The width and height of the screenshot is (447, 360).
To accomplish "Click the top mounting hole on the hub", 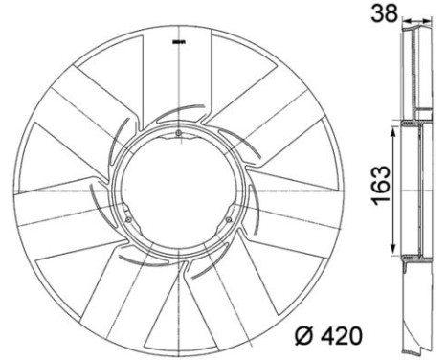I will click(x=179, y=132).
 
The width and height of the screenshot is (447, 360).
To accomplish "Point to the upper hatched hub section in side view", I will click(x=413, y=124).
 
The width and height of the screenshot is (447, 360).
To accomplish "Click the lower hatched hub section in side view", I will click(x=413, y=258).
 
